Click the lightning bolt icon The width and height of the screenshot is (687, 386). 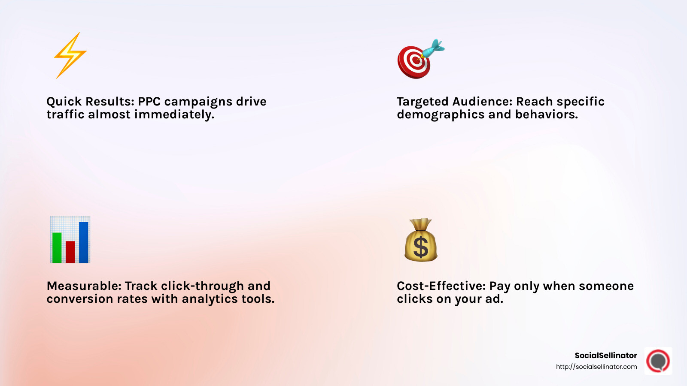70,55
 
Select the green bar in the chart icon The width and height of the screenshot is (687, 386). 57,247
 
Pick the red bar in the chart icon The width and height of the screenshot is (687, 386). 70,252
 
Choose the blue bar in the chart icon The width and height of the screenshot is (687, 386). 84,242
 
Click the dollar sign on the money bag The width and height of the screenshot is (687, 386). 420,247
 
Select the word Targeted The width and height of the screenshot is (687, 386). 423,102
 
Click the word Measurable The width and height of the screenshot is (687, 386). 84,286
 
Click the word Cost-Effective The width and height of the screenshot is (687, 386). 441,286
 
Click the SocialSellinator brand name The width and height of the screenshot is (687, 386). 605,356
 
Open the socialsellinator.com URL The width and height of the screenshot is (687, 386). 596,367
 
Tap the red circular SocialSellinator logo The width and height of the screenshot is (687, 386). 658,361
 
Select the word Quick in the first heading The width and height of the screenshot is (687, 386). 64,102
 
